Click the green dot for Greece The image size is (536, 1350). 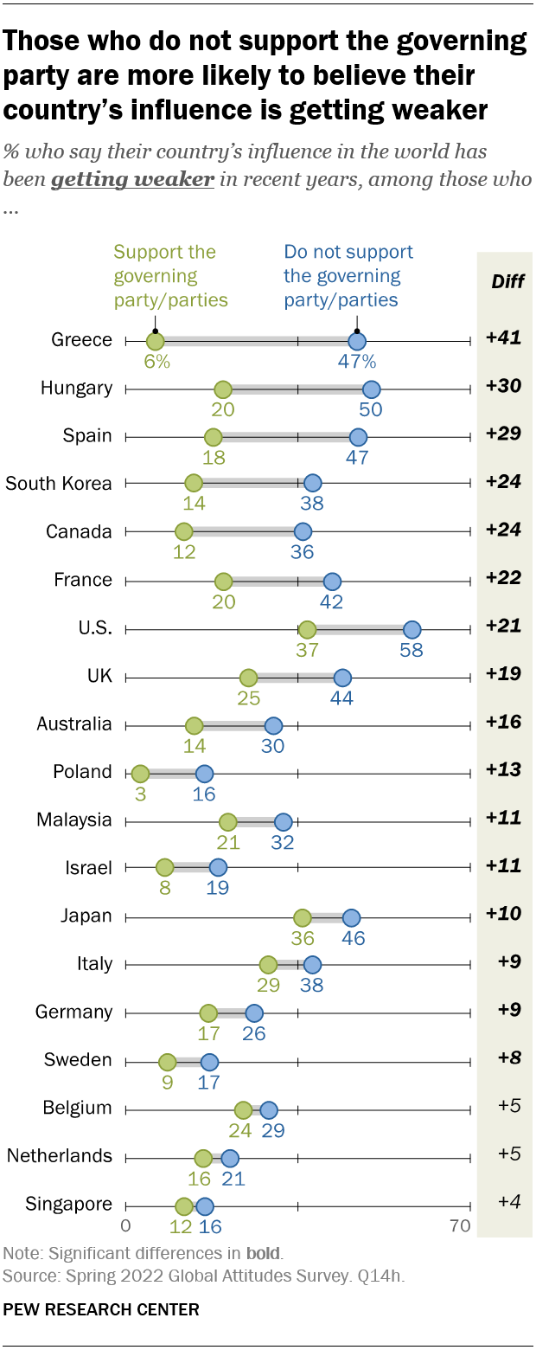click(x=155, y=342)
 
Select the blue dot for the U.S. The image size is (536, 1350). click(x=412, y=629)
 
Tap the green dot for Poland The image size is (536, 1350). click(x=140, y=773)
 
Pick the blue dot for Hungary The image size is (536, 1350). click(x=372, y=389)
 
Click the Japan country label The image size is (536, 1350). click(x=86, y=916)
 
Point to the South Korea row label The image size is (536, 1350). click(x=59, y=484)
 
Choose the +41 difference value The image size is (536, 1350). click(x=502, y=338)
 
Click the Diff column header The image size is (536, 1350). click(x=507, y=281)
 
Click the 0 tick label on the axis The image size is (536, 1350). click(x=125, y=1225)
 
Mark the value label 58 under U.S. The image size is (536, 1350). click(x=412, y=650)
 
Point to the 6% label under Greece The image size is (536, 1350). click(x=156, y=363)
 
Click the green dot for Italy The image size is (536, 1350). click(x=268, y=964)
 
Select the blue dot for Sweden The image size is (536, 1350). click(x=209, y=1061)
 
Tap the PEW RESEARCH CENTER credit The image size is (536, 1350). click(x=101, y=1309)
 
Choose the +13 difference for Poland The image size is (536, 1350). click(x=502, y=770)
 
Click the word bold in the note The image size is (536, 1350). click(x=263, y=1252)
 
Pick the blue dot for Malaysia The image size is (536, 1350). click(x=283, y=821)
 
